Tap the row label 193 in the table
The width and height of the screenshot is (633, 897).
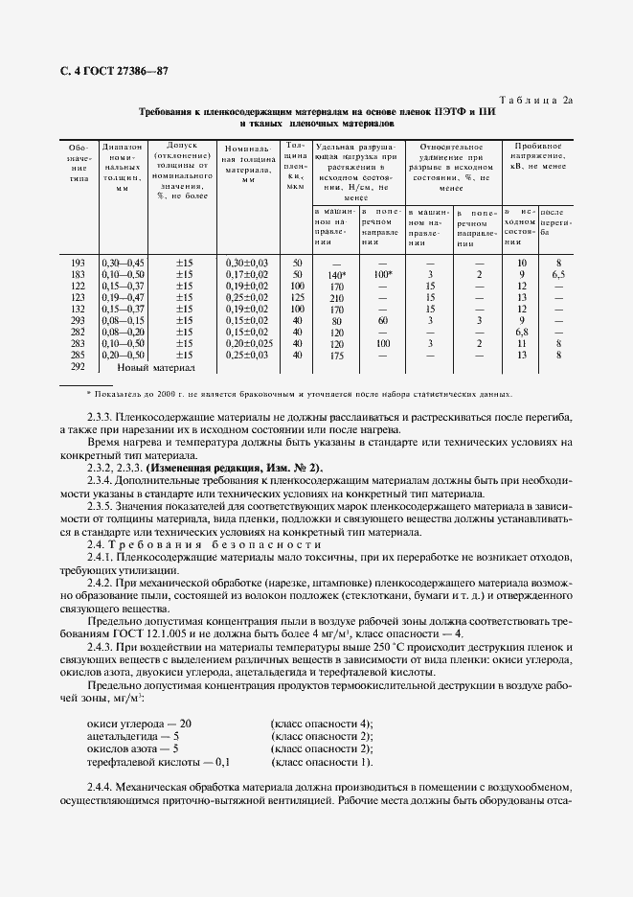[79, 263]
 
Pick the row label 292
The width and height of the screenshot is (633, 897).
[79, 366]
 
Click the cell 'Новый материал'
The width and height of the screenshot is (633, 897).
[155, 367]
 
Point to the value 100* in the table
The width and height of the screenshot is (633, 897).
[383, 274]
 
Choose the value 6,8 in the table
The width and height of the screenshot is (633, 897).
[522, 332]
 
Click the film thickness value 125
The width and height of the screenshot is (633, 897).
[297, 297]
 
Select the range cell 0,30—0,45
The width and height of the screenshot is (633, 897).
[122, 263]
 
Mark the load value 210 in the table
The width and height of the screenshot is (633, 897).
[335, 297]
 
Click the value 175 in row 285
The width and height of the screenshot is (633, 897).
[335, 355]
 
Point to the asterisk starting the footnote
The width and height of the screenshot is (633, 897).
[88, 394]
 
